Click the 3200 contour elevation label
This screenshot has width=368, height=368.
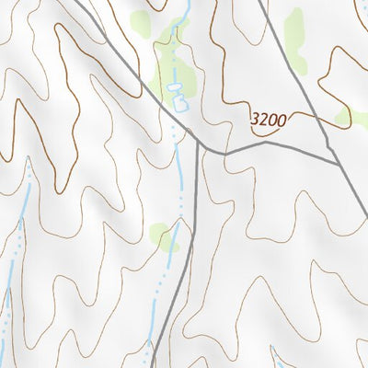tap(268, 120)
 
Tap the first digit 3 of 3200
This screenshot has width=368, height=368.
tap(255, 120)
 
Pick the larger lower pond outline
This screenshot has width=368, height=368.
tap(178, 101)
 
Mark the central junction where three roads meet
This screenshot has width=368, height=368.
tap(198, 143)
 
